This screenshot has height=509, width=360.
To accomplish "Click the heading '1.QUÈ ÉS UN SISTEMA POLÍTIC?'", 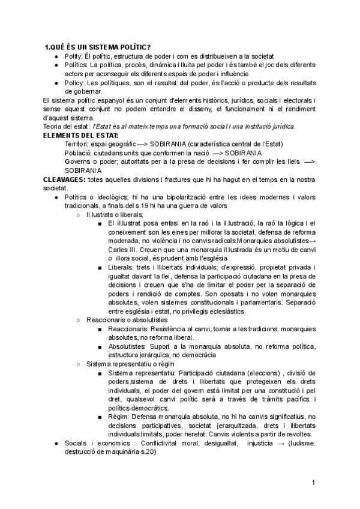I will (x=98, y=47).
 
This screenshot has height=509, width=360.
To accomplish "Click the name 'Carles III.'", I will (x=126, y=250).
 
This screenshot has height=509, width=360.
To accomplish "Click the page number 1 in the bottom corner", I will (x=313, y=483).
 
